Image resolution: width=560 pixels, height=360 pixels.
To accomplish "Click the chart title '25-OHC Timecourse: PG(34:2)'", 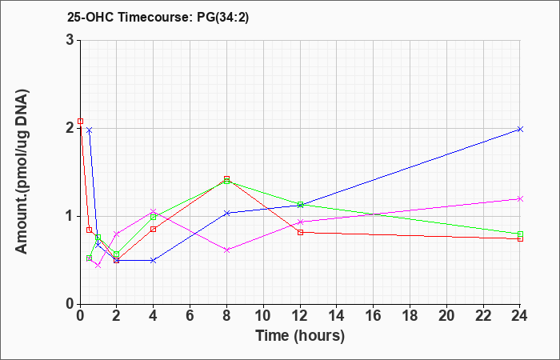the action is click(x=158, y=17).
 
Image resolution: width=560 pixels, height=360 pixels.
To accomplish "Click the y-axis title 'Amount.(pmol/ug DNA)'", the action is click(x=22, y=171).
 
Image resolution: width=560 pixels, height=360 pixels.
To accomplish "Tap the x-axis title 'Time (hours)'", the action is click(x=300, y=336).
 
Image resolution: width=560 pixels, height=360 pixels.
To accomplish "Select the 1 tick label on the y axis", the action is click(x=70, y=216).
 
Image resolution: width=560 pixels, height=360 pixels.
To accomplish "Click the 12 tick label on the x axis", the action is click(x=300, y=316).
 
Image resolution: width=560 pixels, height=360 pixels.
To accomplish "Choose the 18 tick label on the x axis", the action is click(x=410, y=316).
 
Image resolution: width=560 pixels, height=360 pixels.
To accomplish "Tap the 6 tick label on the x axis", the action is click(x=190, y=316).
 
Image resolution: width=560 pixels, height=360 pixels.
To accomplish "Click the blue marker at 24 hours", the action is click(x=520, y=130).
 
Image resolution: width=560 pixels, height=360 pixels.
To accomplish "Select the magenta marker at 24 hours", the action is click(x=520, y=198).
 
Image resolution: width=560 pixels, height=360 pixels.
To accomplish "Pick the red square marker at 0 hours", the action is click(x=80, y=122).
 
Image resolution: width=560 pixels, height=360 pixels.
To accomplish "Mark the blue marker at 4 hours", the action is click(x=154, y=260).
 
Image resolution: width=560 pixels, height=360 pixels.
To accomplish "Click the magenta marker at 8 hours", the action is click(x=226, y=250).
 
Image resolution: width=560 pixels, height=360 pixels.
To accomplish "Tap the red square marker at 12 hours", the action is click(x=300, y=233).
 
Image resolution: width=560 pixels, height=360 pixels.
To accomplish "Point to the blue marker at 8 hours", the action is click(x=226, y=213).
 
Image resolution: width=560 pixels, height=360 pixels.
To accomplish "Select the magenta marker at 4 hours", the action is click(x=154, y=211).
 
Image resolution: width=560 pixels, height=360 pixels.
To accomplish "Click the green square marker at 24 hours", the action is click(x=520, y=234).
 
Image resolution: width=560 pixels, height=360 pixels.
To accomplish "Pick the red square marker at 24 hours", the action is click(x=520, y=239).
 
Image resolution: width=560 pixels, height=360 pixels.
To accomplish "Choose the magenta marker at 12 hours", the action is click(x=300, y=222).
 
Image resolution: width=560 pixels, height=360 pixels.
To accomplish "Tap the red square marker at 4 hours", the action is click(x=154, y=229).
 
